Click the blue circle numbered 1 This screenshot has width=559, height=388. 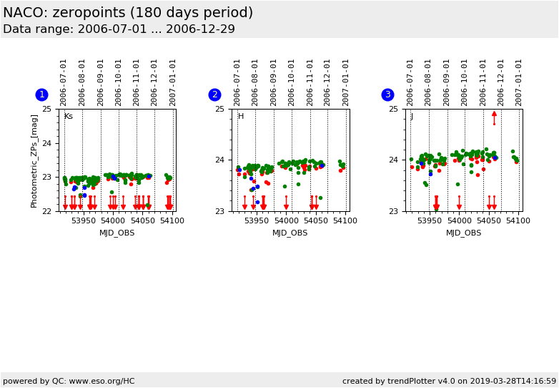41,94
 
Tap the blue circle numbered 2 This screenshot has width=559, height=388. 214,94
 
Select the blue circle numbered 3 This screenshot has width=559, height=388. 387,94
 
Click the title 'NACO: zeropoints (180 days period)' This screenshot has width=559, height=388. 128,13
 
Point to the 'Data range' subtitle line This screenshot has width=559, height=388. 119,29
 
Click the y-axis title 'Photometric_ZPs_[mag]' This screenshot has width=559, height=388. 34,160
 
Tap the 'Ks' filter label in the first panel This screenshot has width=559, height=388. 68,117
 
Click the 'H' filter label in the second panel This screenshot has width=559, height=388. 241,117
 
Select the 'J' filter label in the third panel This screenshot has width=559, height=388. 412,117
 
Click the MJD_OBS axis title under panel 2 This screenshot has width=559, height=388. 290,233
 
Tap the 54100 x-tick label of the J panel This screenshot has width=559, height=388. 518,221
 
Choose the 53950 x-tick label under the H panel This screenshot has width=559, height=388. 256,221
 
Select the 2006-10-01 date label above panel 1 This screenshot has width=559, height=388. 119,82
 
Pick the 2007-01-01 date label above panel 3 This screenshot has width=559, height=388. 519,82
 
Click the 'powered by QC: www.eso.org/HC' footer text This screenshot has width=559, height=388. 69,381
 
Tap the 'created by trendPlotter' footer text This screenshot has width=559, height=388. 449,381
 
